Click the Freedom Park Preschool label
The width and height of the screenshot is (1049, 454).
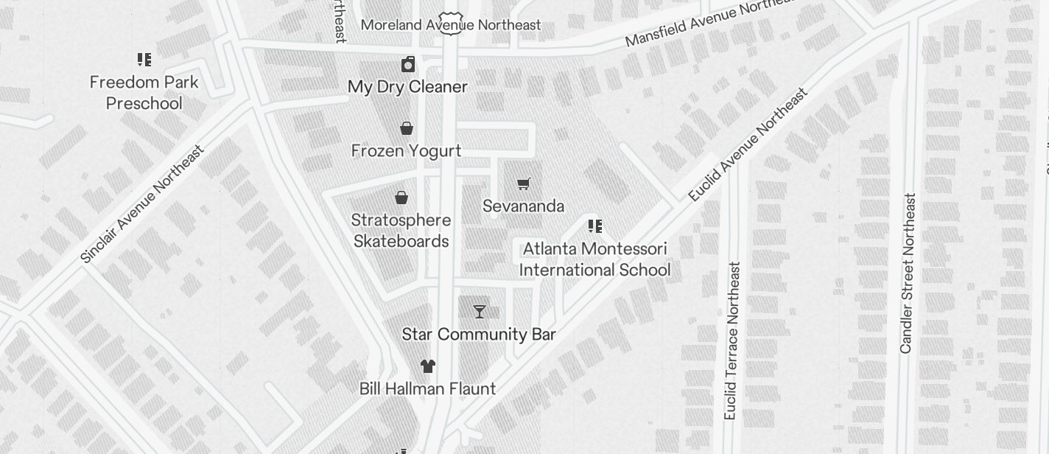(x=144, y=93)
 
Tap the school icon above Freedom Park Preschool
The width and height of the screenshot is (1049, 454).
(x=144, y=60)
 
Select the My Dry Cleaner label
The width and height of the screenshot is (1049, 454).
(x=407, y=87)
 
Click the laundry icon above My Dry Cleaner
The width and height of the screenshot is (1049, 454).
(x=408, y=64)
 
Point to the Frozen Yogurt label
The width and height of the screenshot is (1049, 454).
(x=406, y=151)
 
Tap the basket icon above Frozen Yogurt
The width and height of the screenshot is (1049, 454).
(x=406, y=129)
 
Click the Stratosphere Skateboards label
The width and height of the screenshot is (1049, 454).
(x=401, y=231)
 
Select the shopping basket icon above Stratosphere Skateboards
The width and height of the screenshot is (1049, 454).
(x=401, y=198)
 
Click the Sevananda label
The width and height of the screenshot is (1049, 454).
(x=523, y=206)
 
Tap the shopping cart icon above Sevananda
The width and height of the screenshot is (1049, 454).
(x=523, y=184)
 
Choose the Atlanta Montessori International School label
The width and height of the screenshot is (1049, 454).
(x=594, y=259)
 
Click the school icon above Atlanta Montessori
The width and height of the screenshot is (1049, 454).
(x=595, y=226)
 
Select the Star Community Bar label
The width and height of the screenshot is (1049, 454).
(x=478, y=335)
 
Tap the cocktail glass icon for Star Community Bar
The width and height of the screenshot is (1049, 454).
(x=480, y=312)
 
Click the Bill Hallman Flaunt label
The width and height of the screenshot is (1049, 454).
(x=427, y=388)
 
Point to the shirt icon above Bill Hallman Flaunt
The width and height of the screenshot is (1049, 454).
(x=428, y=366)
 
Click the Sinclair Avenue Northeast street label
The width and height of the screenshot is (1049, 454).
(x=141, y=204)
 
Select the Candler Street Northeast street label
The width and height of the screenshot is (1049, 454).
(x=908, y=273)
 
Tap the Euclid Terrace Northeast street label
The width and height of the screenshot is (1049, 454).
(x=732, y=340)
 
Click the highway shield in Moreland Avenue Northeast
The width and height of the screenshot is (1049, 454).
(x=450, y=23)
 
